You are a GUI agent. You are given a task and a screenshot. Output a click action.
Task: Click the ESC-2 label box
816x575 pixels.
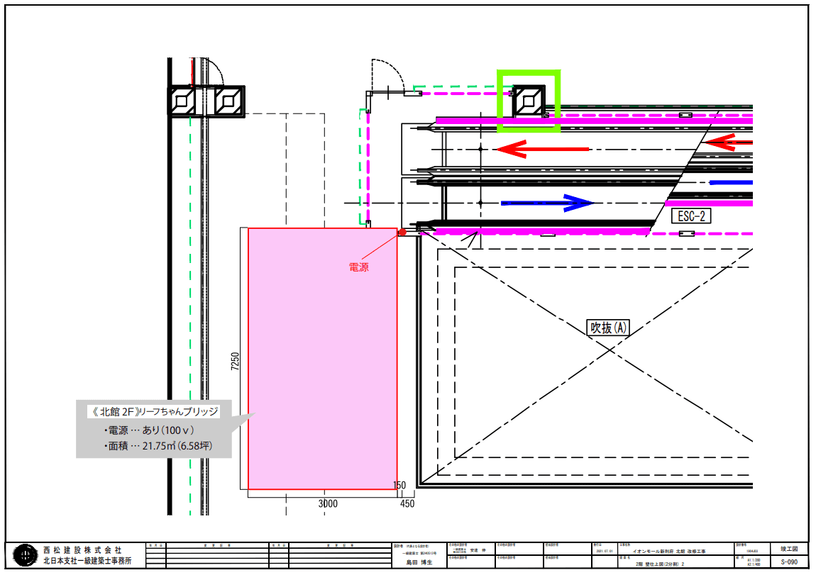pyautogui.click(x=690, y=216)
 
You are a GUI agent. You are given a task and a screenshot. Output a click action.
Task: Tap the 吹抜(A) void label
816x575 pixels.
pyautogui.click(x=608, y=328)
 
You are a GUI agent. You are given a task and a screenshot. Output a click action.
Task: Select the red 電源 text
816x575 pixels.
pyautogui.click(x=358, y=267)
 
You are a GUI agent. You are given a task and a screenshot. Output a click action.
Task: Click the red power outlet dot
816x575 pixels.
pyautogui.click(x=401, y=232)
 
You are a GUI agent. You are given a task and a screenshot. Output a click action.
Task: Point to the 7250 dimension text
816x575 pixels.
pyautogui.click(x=236, y=360)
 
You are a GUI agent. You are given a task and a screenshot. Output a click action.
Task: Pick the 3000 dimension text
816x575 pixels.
pyautogui.click(x=328, y=504)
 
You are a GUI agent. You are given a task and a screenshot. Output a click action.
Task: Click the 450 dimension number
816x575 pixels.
pyautogui.click(x=407, y=504)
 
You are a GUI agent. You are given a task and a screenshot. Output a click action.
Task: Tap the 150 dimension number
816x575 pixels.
pyautogui.click(x=399, y=486)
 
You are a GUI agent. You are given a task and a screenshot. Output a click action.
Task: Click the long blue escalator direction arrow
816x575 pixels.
pyautogui.click(x=546, y=203)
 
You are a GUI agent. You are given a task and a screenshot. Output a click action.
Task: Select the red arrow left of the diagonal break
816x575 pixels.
pyautogui.click(x=542, y=149)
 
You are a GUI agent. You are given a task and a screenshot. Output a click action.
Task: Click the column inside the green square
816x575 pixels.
pyautogui.click(x=529, y=101)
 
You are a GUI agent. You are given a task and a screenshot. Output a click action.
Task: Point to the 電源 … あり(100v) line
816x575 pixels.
pyautogui.click(x=149, y=430)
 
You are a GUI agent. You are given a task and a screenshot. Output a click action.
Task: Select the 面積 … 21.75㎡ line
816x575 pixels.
pyautogui.click(x=158, y=447)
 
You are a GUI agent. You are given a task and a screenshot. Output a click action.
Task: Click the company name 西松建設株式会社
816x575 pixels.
pyautogui.click(x=82, y=549)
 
